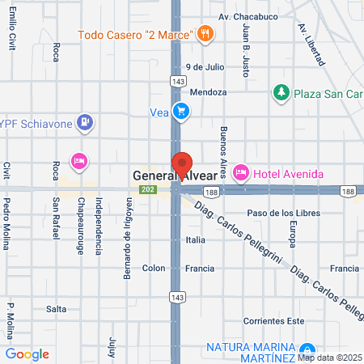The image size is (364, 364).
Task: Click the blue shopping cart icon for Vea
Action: [182, 112]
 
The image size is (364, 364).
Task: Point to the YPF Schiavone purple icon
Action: [85, 123]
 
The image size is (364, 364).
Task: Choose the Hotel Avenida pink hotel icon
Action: [240, 172]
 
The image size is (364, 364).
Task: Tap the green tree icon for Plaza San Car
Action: [281, 92]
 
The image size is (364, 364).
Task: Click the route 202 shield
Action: [146, 190]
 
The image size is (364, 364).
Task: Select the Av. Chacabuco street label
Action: [251, 16]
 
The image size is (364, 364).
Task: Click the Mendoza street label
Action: [209, 92]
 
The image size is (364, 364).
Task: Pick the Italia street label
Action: [195, 240]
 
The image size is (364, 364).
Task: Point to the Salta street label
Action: [56, 309]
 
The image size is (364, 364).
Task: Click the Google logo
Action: [27, 353]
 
